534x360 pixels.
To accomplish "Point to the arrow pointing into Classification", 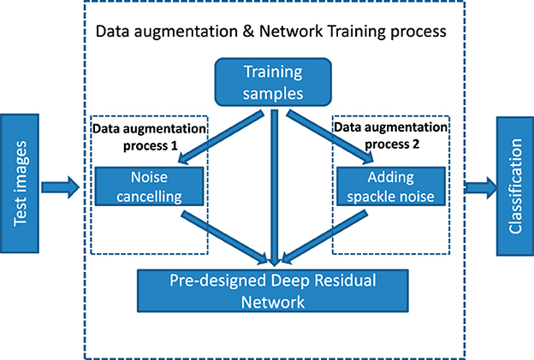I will pos(478,185).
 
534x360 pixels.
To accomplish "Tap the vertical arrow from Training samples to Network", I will pos(274,180).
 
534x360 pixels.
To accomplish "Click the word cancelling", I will pos(149,197).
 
